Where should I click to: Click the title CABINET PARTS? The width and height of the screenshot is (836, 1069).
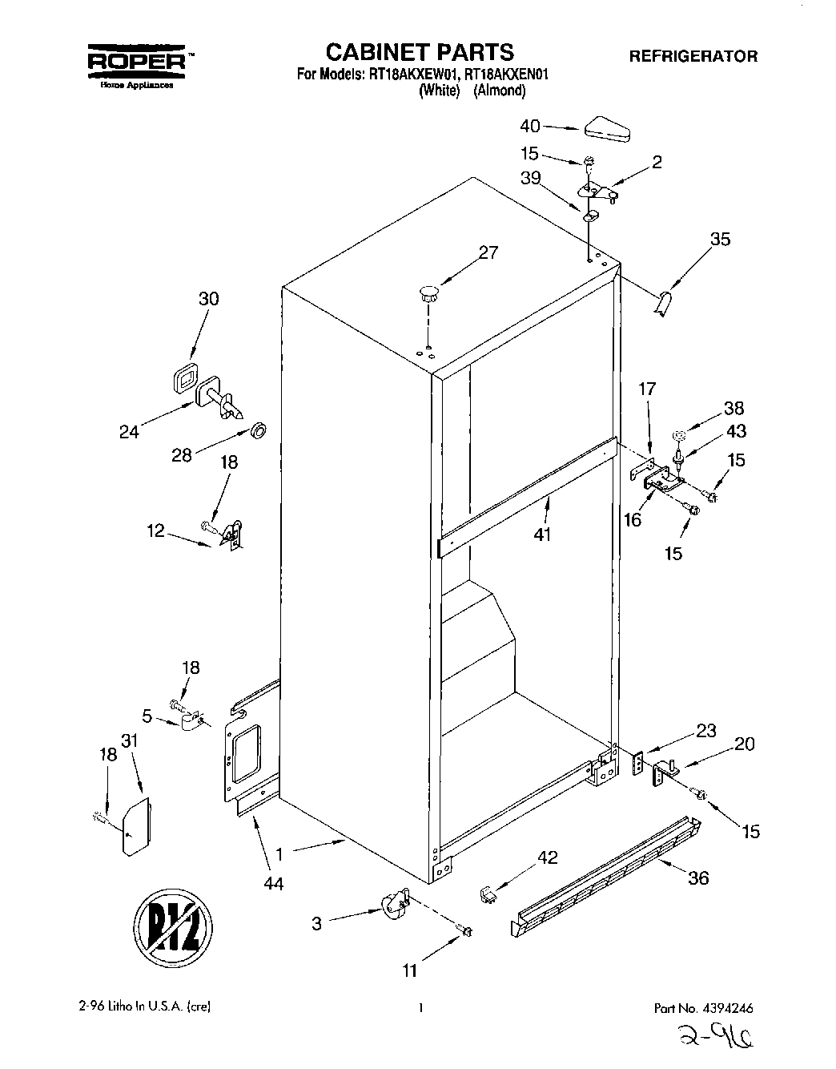pos(419,52)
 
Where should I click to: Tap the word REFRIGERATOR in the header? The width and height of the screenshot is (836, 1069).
pos(693,56)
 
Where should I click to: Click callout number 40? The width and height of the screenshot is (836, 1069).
pos(530,126)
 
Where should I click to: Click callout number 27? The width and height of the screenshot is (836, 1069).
pos(488,252)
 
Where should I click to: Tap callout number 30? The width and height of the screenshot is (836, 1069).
pos(208,298)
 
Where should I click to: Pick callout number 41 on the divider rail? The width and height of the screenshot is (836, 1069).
pos(542,534)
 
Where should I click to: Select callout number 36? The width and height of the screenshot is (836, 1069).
pos(698,877)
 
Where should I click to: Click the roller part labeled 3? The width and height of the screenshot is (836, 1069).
pos(392,908)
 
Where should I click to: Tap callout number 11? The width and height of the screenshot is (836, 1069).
pos(410,970)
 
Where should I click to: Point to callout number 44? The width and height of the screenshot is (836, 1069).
pos(275,884)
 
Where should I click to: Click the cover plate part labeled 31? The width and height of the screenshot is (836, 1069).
pos(135,825)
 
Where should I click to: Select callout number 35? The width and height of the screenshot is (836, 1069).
pos(720,239)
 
